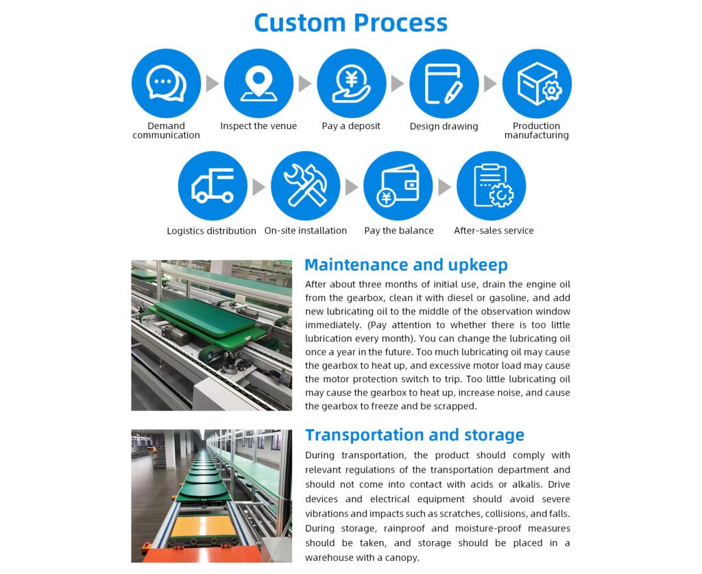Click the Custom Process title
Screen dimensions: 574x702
pyautogui.click(x=350, y=23)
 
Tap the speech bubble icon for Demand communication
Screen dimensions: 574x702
pyautogui.click(x=166, y=84)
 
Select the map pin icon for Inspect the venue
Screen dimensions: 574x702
pyautogui.click(x=258, y=84)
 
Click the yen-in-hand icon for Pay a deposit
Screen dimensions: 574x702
pyautogui.click(x=351, y=84)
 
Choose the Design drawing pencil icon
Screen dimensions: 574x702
pyautogui.click(x=444, y=84)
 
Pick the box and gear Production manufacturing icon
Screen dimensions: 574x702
pyautogui.click(x=537, y=84)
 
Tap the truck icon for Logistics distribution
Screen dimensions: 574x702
pyautogui.click(x=213, y=186)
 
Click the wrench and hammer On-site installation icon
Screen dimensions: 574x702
pyautogui.click(x=305, y=186)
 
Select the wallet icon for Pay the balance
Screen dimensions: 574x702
pyautogui.click(x=398, y=186)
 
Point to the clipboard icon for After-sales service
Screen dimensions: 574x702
pyautogui.click(x=491, y=186)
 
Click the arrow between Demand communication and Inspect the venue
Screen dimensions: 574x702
pyautogui.click(x=213, y=84)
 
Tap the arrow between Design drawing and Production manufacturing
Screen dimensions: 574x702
pyautogui.click(x=490, y=84)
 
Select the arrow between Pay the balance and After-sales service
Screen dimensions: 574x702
pyautogui.click(x=444, y=187)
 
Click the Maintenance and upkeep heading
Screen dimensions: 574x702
pyautogui.click(x=406, y=265)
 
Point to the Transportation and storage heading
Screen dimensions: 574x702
pyautogui.click(x=415, y=435)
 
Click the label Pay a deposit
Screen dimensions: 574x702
pyautogui.click(x=351, y=126)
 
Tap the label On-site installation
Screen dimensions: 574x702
pyautogui.click(x=306, y=230)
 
